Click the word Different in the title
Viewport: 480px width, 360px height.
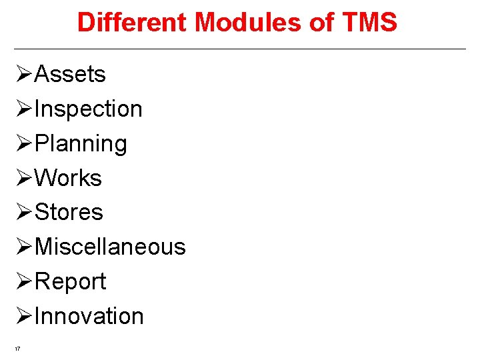133,23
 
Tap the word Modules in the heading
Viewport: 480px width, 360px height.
247,23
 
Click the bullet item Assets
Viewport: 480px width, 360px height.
69,74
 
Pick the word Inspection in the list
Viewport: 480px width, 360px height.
88,109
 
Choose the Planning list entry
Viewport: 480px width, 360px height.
80,143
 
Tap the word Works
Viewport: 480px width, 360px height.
68,178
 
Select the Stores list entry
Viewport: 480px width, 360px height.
69,213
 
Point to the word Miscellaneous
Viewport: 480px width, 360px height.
110,247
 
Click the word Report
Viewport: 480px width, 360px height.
70,281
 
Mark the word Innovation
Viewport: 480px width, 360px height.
89,316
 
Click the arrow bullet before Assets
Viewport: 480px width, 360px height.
23,74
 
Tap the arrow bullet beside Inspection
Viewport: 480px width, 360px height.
23,109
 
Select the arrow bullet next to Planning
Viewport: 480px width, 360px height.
23,143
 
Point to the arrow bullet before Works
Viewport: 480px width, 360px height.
23,178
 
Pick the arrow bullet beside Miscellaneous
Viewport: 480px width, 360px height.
23,247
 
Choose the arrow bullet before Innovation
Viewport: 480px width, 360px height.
23,316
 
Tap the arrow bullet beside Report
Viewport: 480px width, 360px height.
23,281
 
